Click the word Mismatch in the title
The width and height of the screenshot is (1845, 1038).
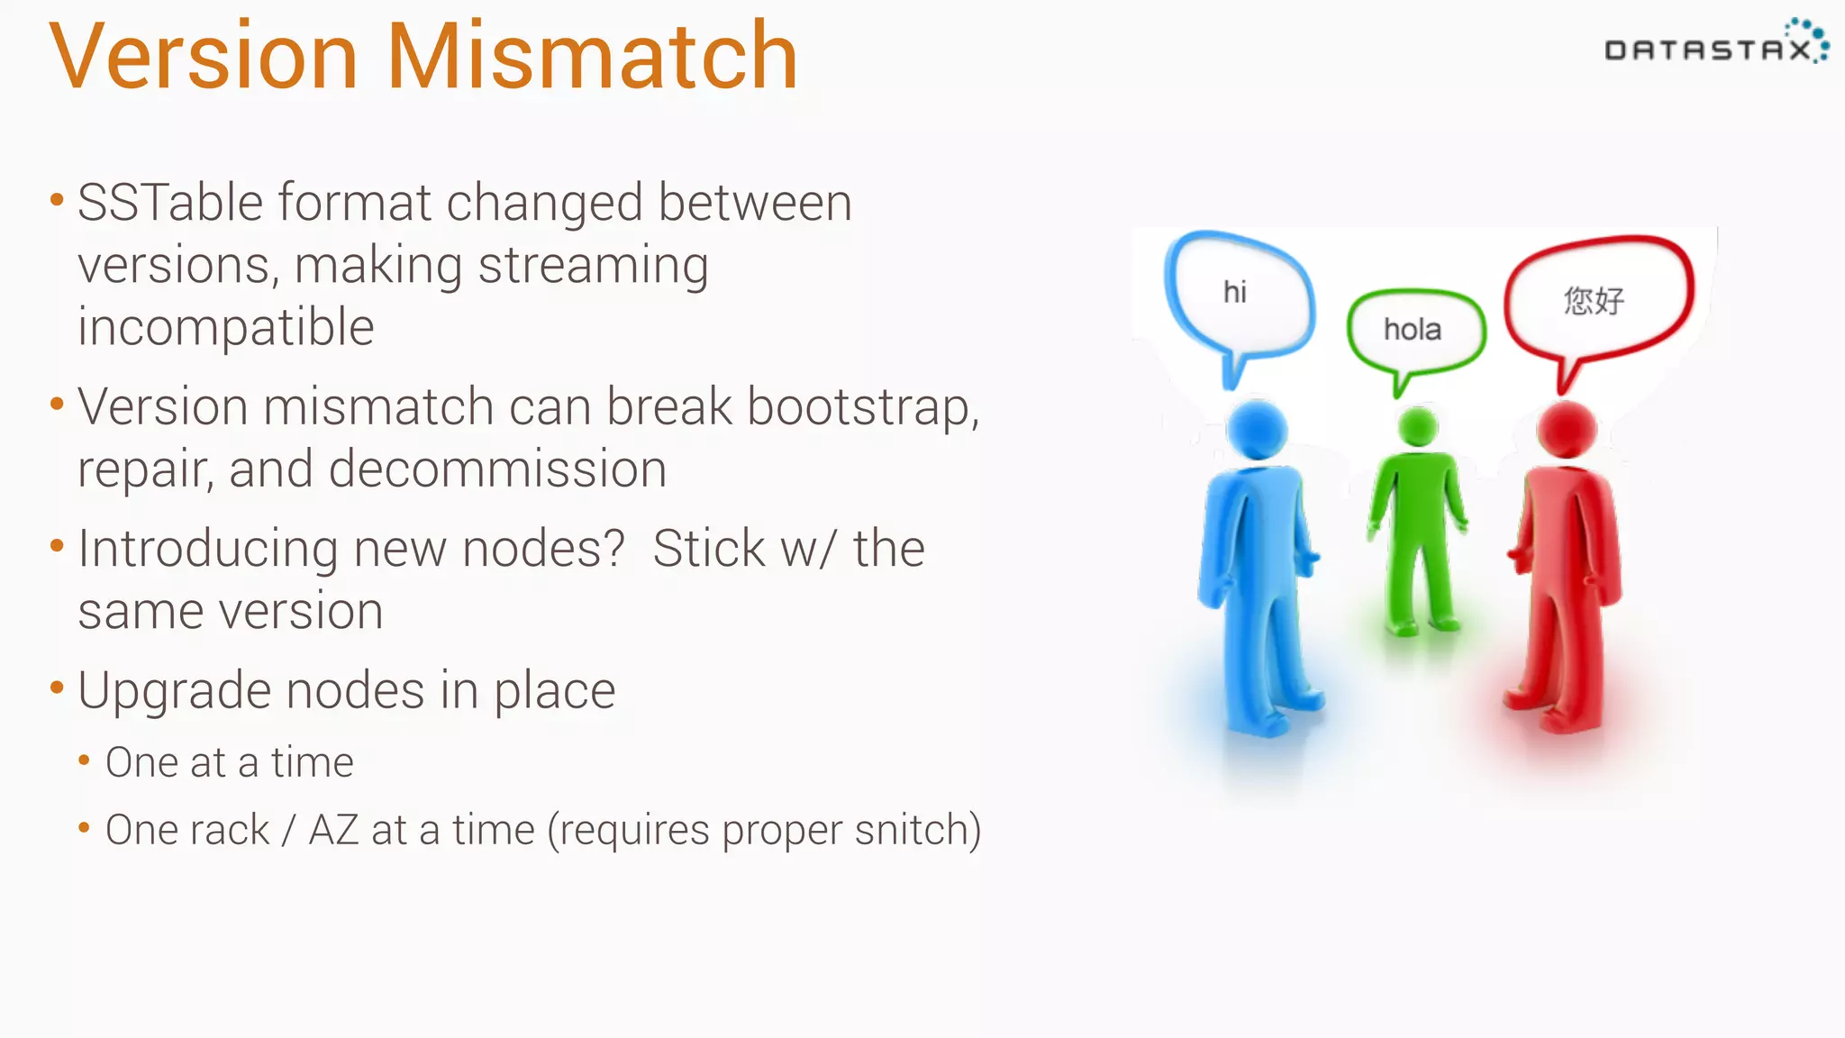(x=593, y=58)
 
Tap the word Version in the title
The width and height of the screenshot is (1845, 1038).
(x=204, y=58)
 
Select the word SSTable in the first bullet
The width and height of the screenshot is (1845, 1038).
(x=170, y=203)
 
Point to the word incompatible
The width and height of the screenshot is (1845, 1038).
(x=225, y=327)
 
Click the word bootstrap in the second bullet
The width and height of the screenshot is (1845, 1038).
(x=860, y=407)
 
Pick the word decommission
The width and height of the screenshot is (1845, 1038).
(x=497, y=469)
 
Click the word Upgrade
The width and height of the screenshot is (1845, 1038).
(x=174, y=691)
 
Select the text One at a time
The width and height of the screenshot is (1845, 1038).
(x=230, y=762)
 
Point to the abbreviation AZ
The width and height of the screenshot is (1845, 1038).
(x=333, y=830)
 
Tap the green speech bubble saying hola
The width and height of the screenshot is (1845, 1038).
(x=1414, y=331)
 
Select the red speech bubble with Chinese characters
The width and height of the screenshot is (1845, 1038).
(x=1597, y=299)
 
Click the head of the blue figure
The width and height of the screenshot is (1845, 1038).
(x=1257, y=430)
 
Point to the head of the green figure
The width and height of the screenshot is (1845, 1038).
(x=1418, y=426)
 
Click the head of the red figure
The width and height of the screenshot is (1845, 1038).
(x=1567, y=429)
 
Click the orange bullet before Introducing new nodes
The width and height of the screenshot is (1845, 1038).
(x=57, y=545)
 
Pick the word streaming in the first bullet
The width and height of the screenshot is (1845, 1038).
(x=593, y=266)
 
